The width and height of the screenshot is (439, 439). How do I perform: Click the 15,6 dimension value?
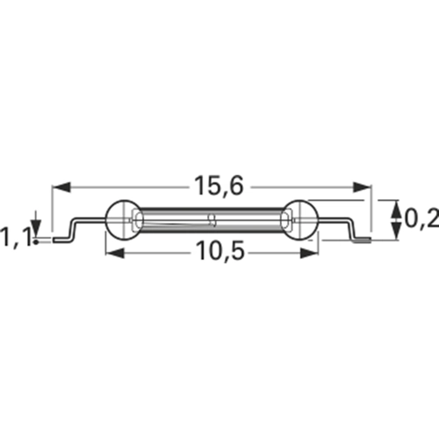pyautogui.click(x=219, y=186)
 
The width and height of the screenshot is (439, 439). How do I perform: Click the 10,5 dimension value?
pyautogui.click(x=220, y=251)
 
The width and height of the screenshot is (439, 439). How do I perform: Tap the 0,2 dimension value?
pyautogui.click(x=421, y=219)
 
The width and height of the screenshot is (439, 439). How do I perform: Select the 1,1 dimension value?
pyautogui.click(x=15, y=238)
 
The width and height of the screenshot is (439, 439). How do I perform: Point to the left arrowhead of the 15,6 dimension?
pyautogui.click(x=61, y=187)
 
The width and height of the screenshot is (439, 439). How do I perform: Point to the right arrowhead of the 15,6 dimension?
pyautogui.click(x=362, y=187)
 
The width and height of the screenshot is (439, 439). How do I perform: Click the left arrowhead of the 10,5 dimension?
pyautogui.click(x=115, y=253)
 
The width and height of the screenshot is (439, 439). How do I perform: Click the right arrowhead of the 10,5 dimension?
pyautogui.click(x=309, y=253)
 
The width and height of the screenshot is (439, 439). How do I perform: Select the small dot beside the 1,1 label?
pyautogui.click(x=36, y=241)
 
